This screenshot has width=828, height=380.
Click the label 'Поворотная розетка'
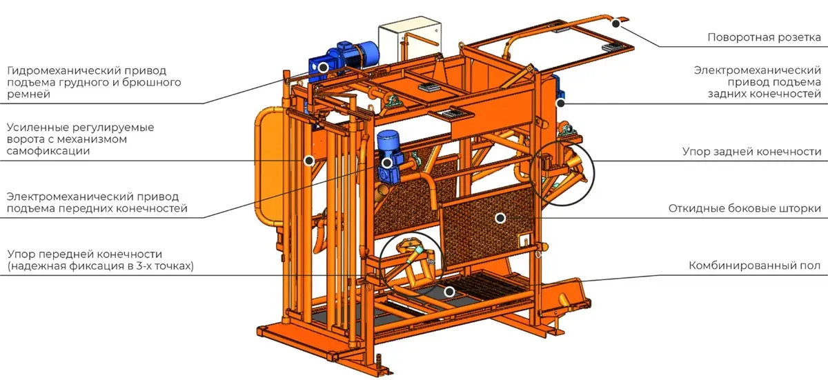(764, 37)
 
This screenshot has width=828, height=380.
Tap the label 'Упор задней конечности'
(752, 152)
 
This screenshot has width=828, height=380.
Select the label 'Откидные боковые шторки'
(745, 208)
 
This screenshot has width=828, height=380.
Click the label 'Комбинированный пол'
(754, 266)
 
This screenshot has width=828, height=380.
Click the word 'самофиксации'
(48, 151)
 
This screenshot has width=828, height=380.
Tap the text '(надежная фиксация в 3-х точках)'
(100, 266)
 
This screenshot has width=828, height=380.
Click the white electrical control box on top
(410, 39)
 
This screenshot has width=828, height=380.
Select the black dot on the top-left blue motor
(324, 68)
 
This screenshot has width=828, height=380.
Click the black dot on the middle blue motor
(386, 163)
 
